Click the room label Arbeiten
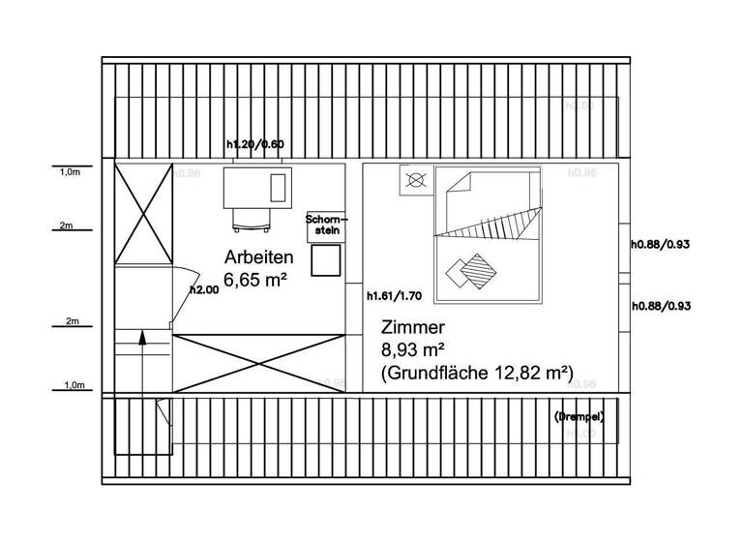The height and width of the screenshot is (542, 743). pos(258,258)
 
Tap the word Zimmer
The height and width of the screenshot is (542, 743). pos(414,326)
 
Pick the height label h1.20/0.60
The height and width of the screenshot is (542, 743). pos(254,145)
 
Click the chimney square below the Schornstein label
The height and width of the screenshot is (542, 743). pos(326,259)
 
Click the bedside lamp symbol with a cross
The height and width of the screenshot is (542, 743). pos(416,180)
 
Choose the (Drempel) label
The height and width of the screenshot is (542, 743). pos(580,416)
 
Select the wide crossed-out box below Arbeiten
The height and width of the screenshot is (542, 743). pos(258,360)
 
